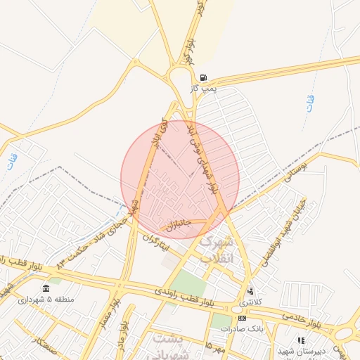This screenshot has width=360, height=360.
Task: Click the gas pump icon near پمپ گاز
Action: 203,77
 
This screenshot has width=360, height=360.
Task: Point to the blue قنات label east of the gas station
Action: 311,104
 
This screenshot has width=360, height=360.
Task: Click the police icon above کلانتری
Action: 249,291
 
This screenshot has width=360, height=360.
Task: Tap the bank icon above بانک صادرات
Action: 242,318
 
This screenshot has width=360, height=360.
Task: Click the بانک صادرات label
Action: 240,328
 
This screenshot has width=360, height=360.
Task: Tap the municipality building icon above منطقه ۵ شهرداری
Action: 46,289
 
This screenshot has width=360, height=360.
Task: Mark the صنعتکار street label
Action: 41,345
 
